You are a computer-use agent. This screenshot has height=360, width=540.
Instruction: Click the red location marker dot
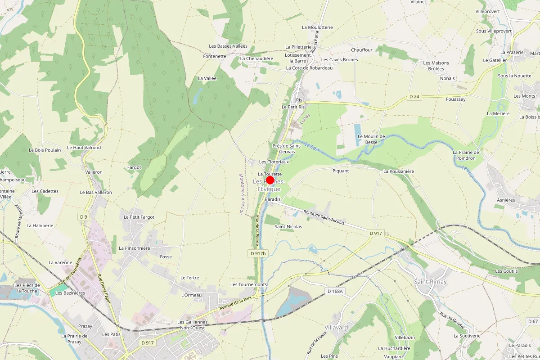pyautogui.click(x=270, y=180)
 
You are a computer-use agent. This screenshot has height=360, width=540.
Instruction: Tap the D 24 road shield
pyautogui.click(x=414, y=96)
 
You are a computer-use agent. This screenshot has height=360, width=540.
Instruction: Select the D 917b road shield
pyautogui.click(x=258, y=254)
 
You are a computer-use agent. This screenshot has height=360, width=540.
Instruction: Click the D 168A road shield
pyautogui.click(x=335, y=291)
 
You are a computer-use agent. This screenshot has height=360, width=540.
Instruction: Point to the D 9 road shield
pyautogui.click(x=84, y=217)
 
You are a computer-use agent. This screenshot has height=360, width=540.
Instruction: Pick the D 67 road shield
pyautogui.click(x=532, y=321)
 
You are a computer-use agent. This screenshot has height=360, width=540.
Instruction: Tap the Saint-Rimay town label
pyautogui.click(x=431, y=282)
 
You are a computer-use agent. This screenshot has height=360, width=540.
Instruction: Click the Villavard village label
pyautogui.click(x=336, y=328)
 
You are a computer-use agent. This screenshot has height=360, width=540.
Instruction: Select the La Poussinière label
pyautogui.click(x=399, y=171)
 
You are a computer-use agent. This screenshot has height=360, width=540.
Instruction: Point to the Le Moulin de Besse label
pyautogui.click(x=371, y=139)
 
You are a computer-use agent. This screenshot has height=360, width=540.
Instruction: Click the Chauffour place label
pyautogui.click(x=362, y=50)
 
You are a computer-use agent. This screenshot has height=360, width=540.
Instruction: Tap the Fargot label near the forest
pyautogui.click(x=134, y=167)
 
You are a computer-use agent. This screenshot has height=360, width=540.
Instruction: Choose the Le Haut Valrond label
pyautogui.click(x=84, y=148)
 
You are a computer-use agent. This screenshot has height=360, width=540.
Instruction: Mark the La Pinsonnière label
pyautogui.click(x=135, y=248)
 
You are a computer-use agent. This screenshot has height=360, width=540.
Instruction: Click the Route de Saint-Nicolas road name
pyautogui.click(x=324, y=218)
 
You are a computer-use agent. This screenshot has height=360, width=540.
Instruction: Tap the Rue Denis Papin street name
pyautogui.click(x=104, y=289)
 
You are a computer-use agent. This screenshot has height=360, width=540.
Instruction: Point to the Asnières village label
pyautogui.click(x=506, y=200)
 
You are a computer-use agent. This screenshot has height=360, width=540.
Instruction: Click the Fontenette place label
pyautogui.click(x=215, y=56)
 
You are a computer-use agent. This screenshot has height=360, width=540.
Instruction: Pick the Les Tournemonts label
pyautogui.click(x=248, y=284)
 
